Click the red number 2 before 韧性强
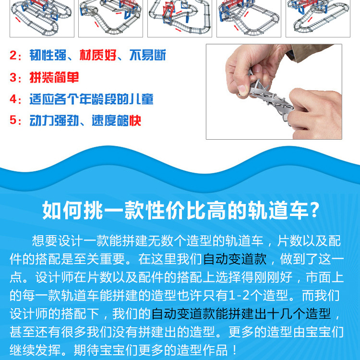point(13,56)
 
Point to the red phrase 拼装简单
point(54,77)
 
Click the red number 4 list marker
point(13,99)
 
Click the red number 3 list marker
point(13,77)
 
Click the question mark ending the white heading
point(314,210)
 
